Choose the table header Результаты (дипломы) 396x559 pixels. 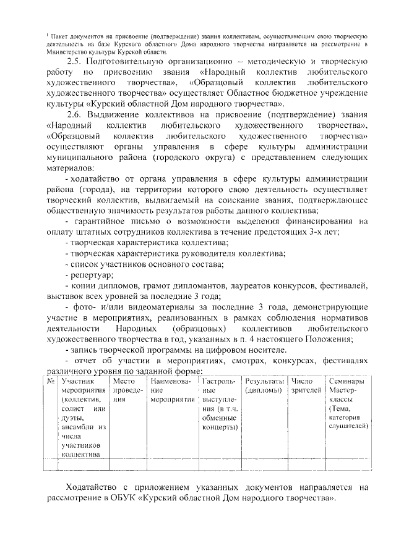[265, 386]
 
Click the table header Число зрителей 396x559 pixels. [306, 386]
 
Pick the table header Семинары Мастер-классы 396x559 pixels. [347, 386]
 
